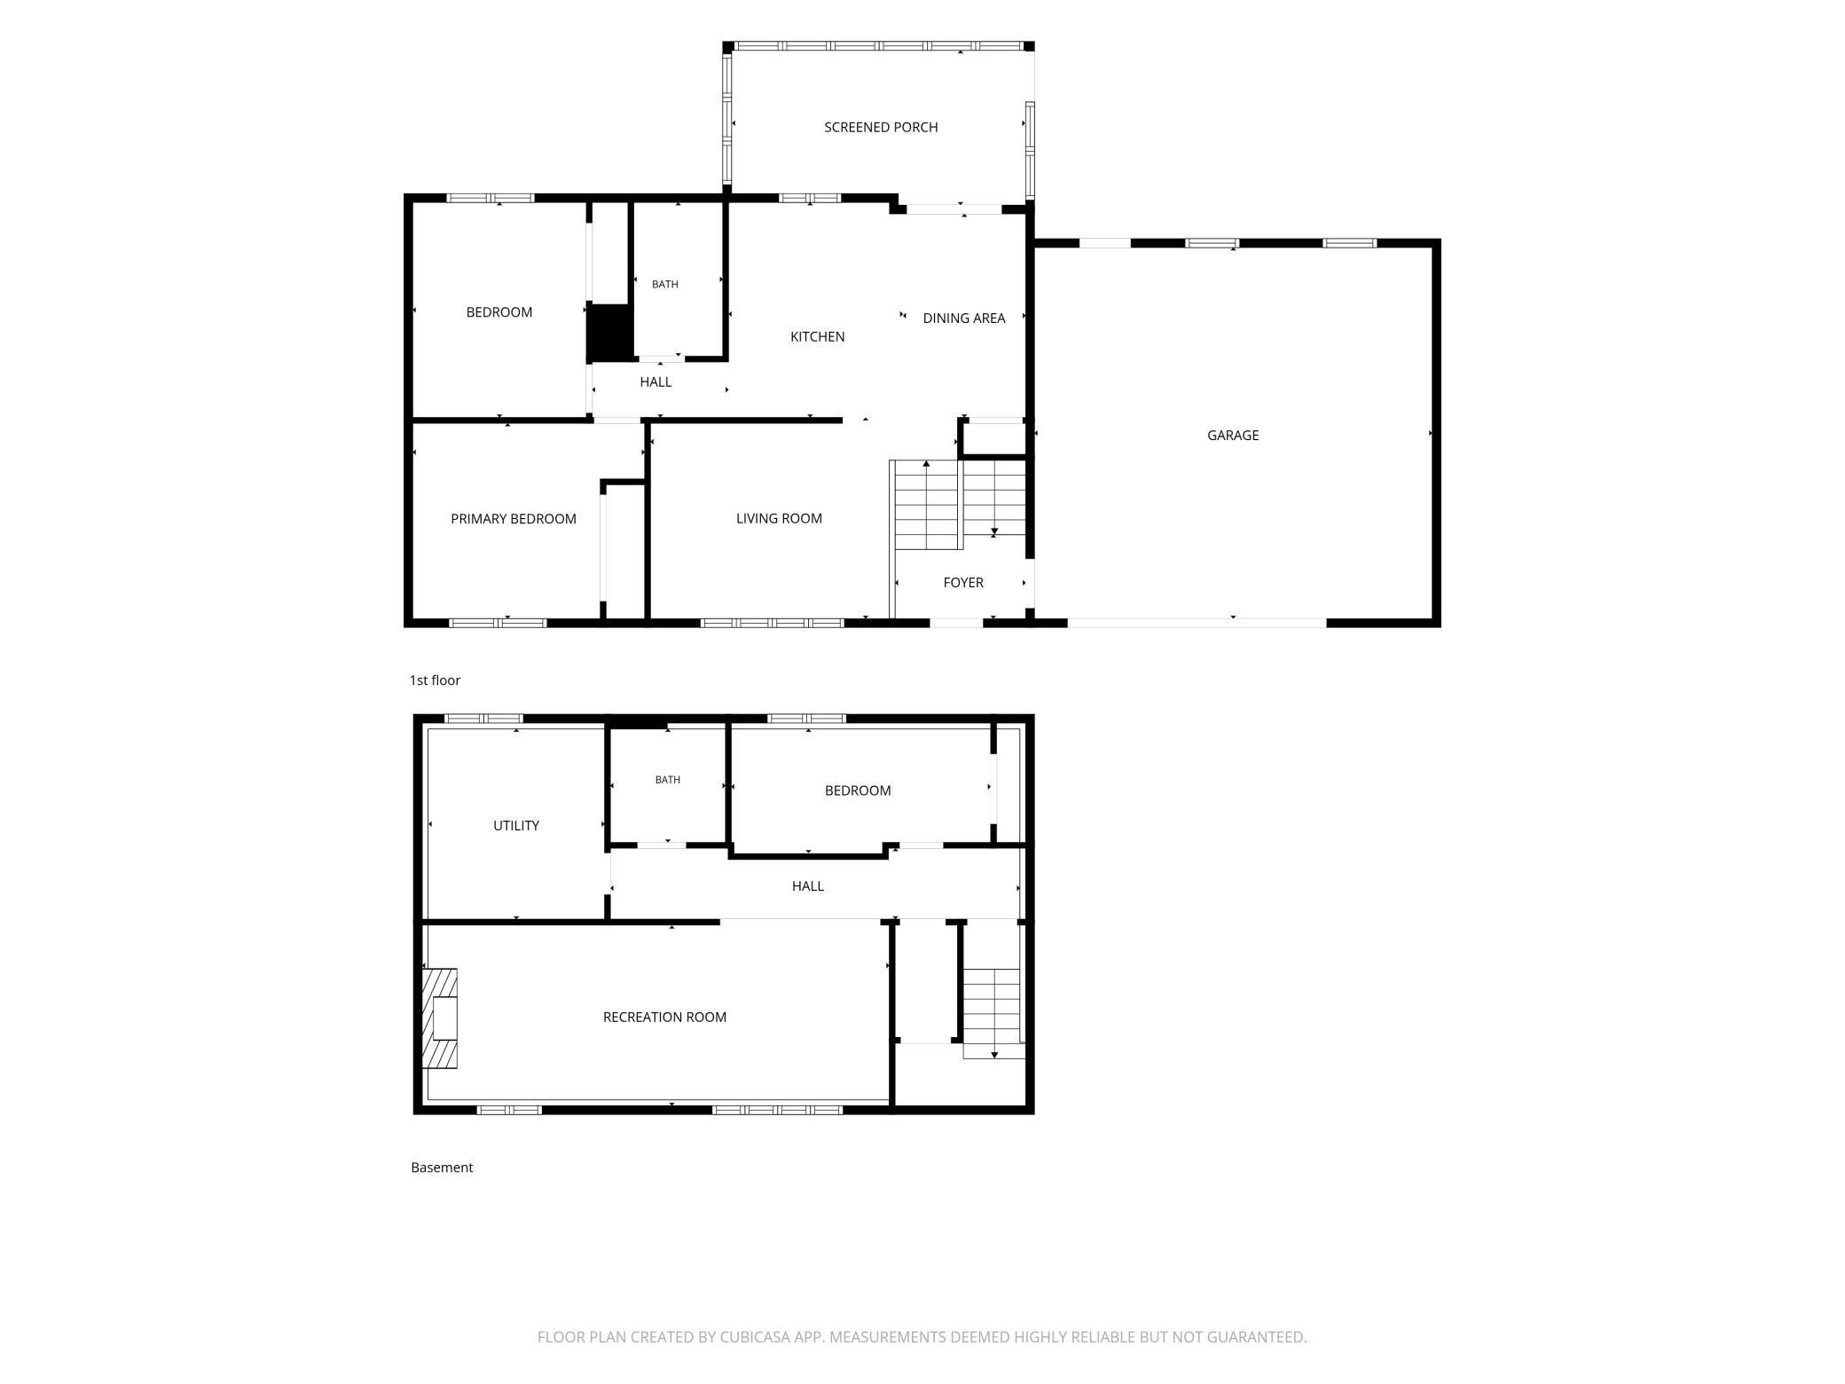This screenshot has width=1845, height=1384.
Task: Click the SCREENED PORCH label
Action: pyautogui.click(x=881, y=127)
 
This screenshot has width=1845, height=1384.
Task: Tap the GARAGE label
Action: pyautogui.click(x=1233, y=435)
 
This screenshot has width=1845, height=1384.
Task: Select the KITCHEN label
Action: pyautogui.click(x=817, y=336)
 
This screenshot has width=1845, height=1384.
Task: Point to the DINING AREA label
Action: pyautogui.click(x=964, y=318)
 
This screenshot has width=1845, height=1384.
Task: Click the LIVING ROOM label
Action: pyautogui.click(x=779, y=518)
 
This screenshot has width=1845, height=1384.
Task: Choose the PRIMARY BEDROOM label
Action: pyautogui.click(x=514, y=519)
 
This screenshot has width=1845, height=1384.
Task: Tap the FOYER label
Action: pyautogui.click(x=963, y=583)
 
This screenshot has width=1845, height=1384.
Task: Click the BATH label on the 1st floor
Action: pyautogui.click(x=665, y=284)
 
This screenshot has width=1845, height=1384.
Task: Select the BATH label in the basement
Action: pyautogui.click(x=668, y=780)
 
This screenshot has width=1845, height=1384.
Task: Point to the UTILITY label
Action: pyautogui.click(x=516, y=825)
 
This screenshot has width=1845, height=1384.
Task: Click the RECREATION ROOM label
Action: pyautogui.click(x=664, y=1017)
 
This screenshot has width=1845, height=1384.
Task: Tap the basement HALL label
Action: pyautogui.click(x=808, y=885)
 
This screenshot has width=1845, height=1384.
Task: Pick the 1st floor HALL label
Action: pyautogui.click(x=656, y=381)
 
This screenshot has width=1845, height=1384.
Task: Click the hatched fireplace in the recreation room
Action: pyautogui.click(x=440, y=1018)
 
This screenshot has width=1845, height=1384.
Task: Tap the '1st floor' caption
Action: pyautogui.click(x=435, y=680)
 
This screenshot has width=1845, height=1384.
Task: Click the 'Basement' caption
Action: pyautogui.click(x=442, y=1168)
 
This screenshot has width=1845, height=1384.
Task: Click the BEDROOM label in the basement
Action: pyautogui.click(x=858, y=790)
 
